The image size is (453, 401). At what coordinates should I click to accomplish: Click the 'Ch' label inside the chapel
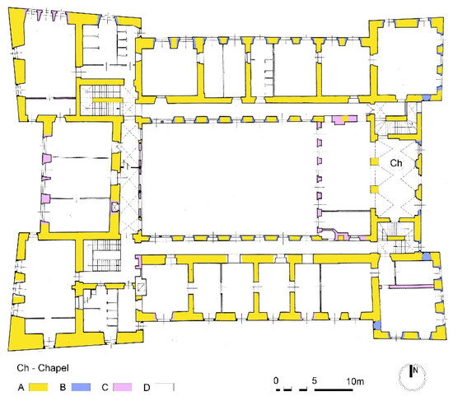coord(396,163)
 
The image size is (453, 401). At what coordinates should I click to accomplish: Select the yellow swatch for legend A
coord(38,387)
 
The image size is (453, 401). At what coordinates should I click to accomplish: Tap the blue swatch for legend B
coord(81,387)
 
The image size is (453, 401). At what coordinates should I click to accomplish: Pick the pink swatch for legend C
coord(122,387)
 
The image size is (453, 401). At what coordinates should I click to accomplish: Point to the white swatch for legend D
coord(165,387)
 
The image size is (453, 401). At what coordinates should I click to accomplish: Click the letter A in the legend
coord(21,387)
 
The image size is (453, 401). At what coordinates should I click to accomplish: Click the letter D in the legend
coord(147,388)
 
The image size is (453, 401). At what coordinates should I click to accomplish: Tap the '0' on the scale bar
coord(276,380)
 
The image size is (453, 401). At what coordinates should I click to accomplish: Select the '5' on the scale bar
coord(315,380)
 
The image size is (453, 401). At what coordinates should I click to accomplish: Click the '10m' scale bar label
coord(355,381)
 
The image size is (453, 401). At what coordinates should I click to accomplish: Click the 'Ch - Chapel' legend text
coord(43,368)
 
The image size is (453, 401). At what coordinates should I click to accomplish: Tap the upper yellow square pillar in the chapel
coord(374,161)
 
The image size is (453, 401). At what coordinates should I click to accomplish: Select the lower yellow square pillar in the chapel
coord(374,189)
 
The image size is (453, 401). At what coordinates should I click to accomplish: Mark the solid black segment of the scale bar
coord(334,390)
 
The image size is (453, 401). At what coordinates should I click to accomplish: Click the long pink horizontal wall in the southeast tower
coord(411,287)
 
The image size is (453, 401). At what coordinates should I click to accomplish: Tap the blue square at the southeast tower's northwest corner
coord(426,256)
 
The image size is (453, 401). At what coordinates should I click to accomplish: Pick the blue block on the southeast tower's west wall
coord(376,325)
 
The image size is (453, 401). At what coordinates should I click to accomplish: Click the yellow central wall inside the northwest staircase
coord(107,100)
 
